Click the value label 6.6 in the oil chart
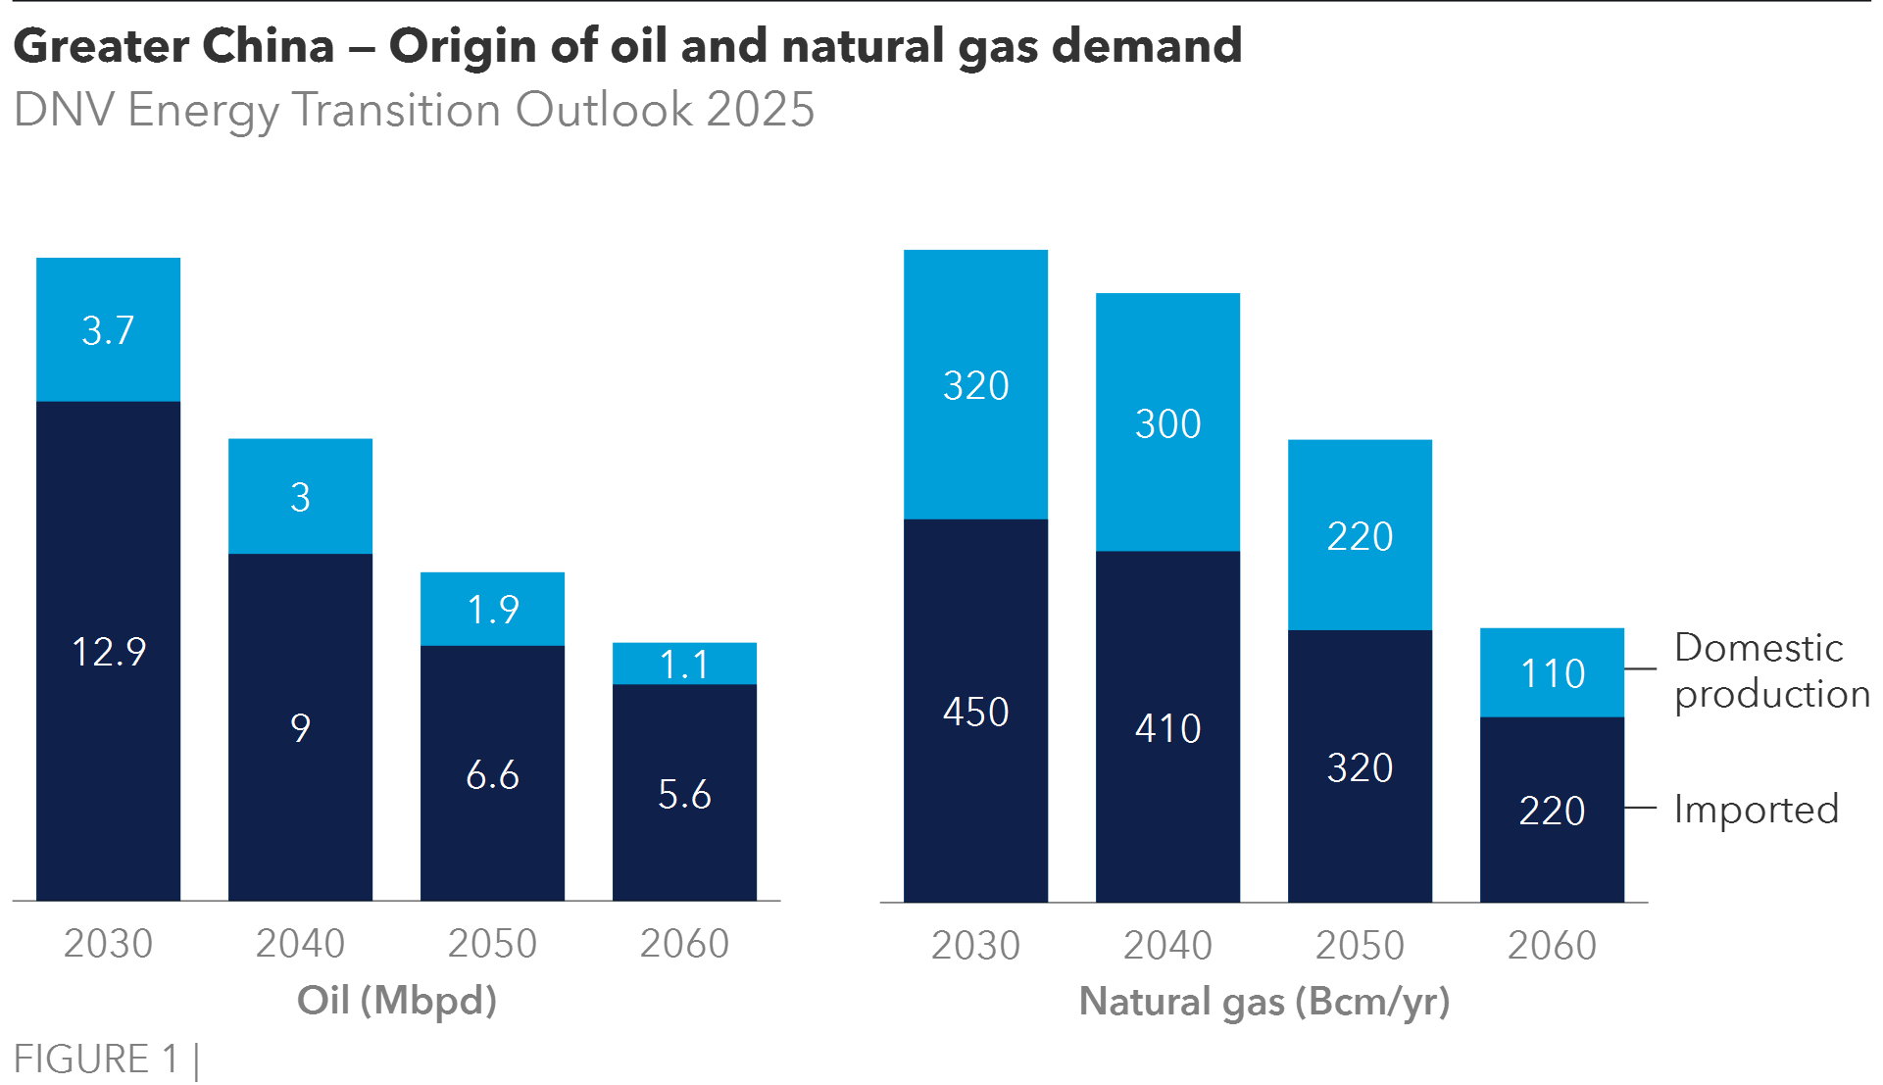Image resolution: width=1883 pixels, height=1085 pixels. pos(493,775)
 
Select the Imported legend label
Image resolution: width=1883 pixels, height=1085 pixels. pos(1756,810)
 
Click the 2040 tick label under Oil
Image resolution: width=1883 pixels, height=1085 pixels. pos(301,944)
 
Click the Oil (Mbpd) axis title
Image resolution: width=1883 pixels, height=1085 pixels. pos(397,1001)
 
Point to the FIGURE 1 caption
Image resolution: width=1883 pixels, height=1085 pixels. pos(96,1060)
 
